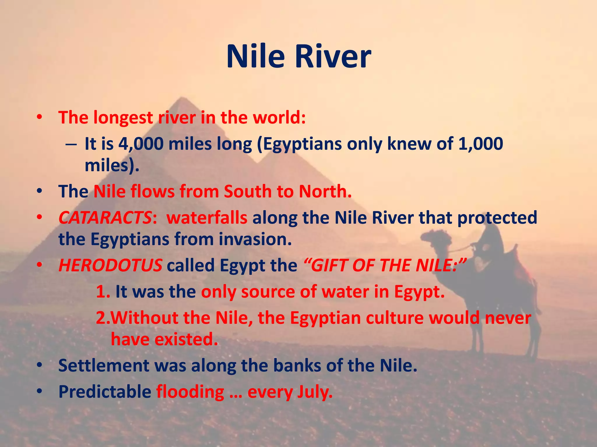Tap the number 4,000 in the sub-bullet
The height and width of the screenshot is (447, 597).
[141, 144]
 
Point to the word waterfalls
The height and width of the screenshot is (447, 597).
[207, 218]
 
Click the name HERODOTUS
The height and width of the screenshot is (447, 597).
[110, 265]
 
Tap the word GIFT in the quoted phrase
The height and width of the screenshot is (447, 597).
[329, 265]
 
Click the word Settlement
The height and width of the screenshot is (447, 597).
[104, 366]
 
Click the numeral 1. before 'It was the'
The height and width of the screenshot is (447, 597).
[103, 292]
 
